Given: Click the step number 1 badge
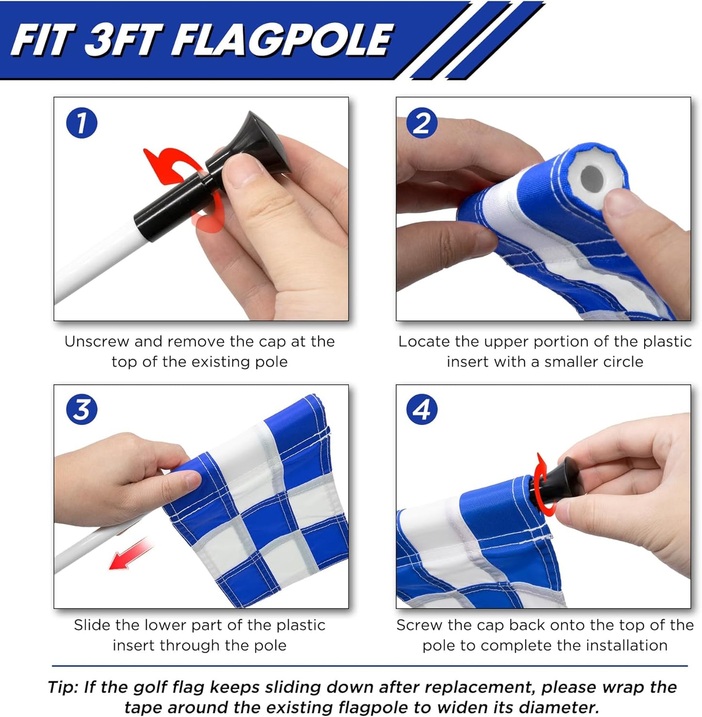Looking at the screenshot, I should coord(82,122).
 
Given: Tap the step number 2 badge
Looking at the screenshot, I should coord(422,122).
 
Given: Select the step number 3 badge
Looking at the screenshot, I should coord(82,409).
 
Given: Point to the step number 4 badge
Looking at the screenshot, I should coord(422,409).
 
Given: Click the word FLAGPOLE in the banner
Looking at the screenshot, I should coord(282,40).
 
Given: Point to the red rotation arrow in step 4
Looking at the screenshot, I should coord(540,481).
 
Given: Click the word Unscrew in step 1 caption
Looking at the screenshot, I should coord(97,342).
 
